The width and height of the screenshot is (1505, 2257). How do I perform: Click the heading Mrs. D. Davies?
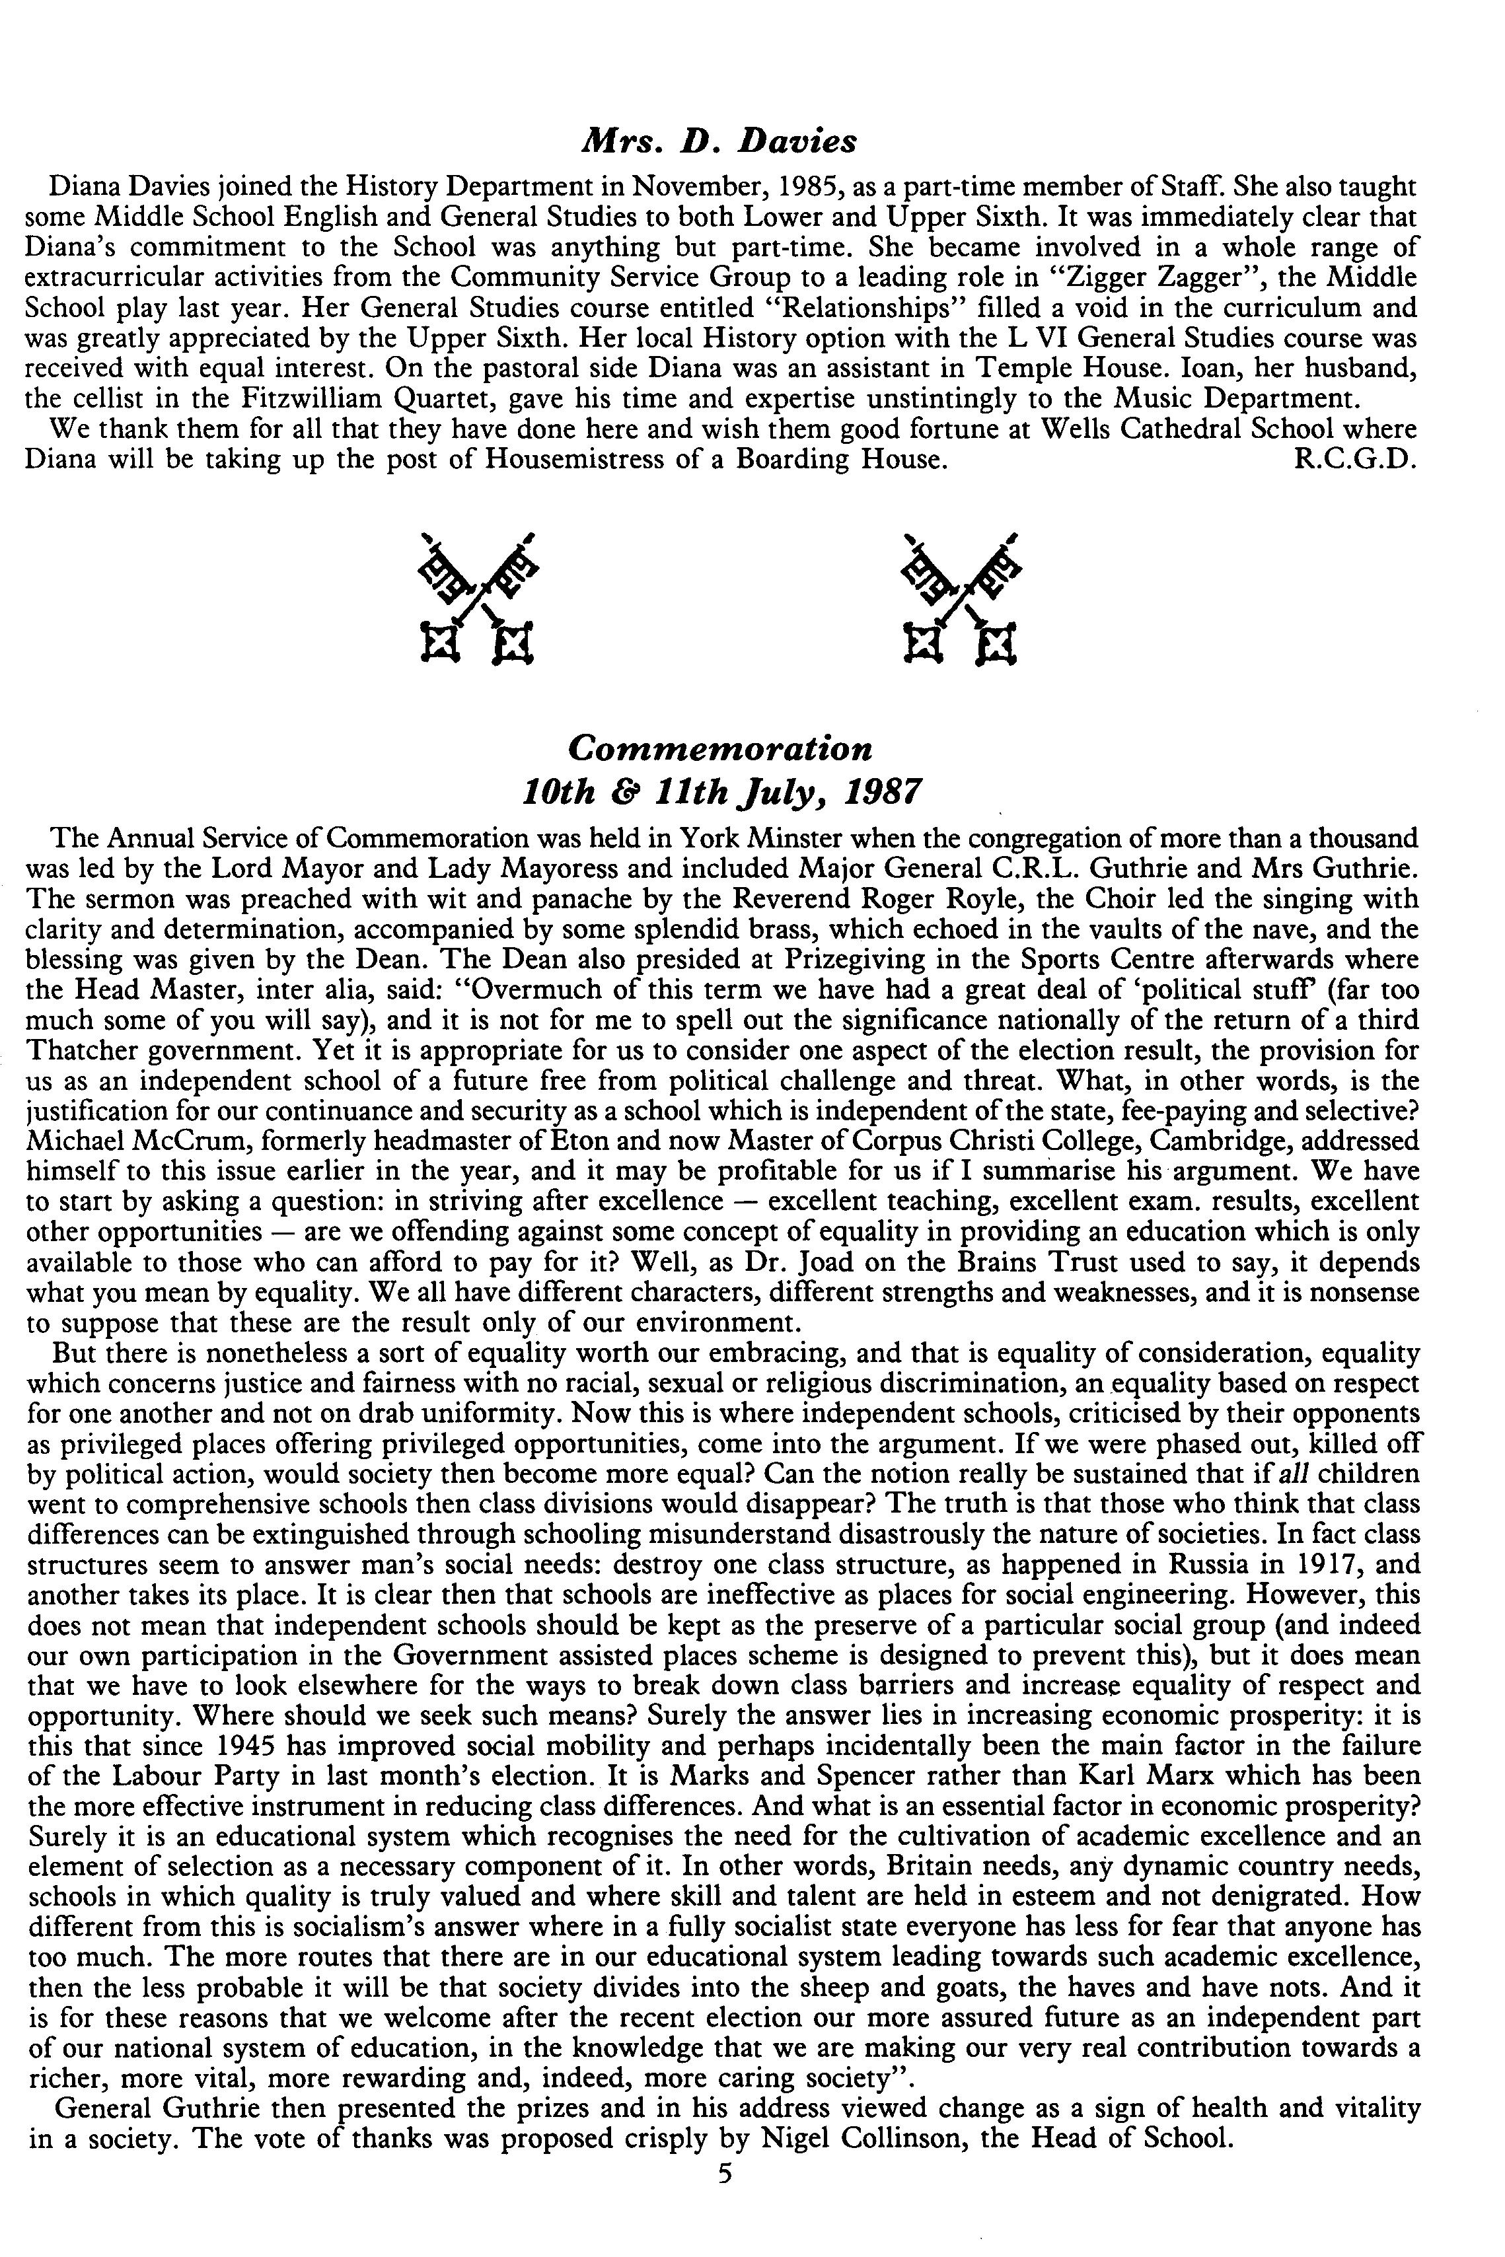pyautogui.click(x=718, y=142)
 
